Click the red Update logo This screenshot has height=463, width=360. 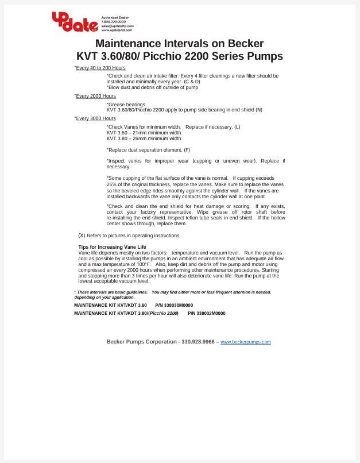point(75,21)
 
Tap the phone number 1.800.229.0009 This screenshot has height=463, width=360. point(113,22)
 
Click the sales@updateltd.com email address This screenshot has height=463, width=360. point(118,26)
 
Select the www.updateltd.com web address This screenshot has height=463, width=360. point(117,30)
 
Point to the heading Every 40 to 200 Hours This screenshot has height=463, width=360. point(100,68)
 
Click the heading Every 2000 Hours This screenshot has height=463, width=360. point(96,96)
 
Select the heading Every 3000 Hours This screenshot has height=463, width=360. point(96,118)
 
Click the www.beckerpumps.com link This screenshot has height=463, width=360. point(245,342)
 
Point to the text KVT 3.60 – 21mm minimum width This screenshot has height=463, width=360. point(144,133)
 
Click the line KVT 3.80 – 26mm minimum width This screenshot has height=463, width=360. point(144,138)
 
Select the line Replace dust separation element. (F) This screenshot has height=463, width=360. point(148,150)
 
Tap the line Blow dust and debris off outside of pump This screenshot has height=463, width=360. point(152,87)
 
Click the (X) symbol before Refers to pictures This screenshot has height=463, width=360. point(82,236)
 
